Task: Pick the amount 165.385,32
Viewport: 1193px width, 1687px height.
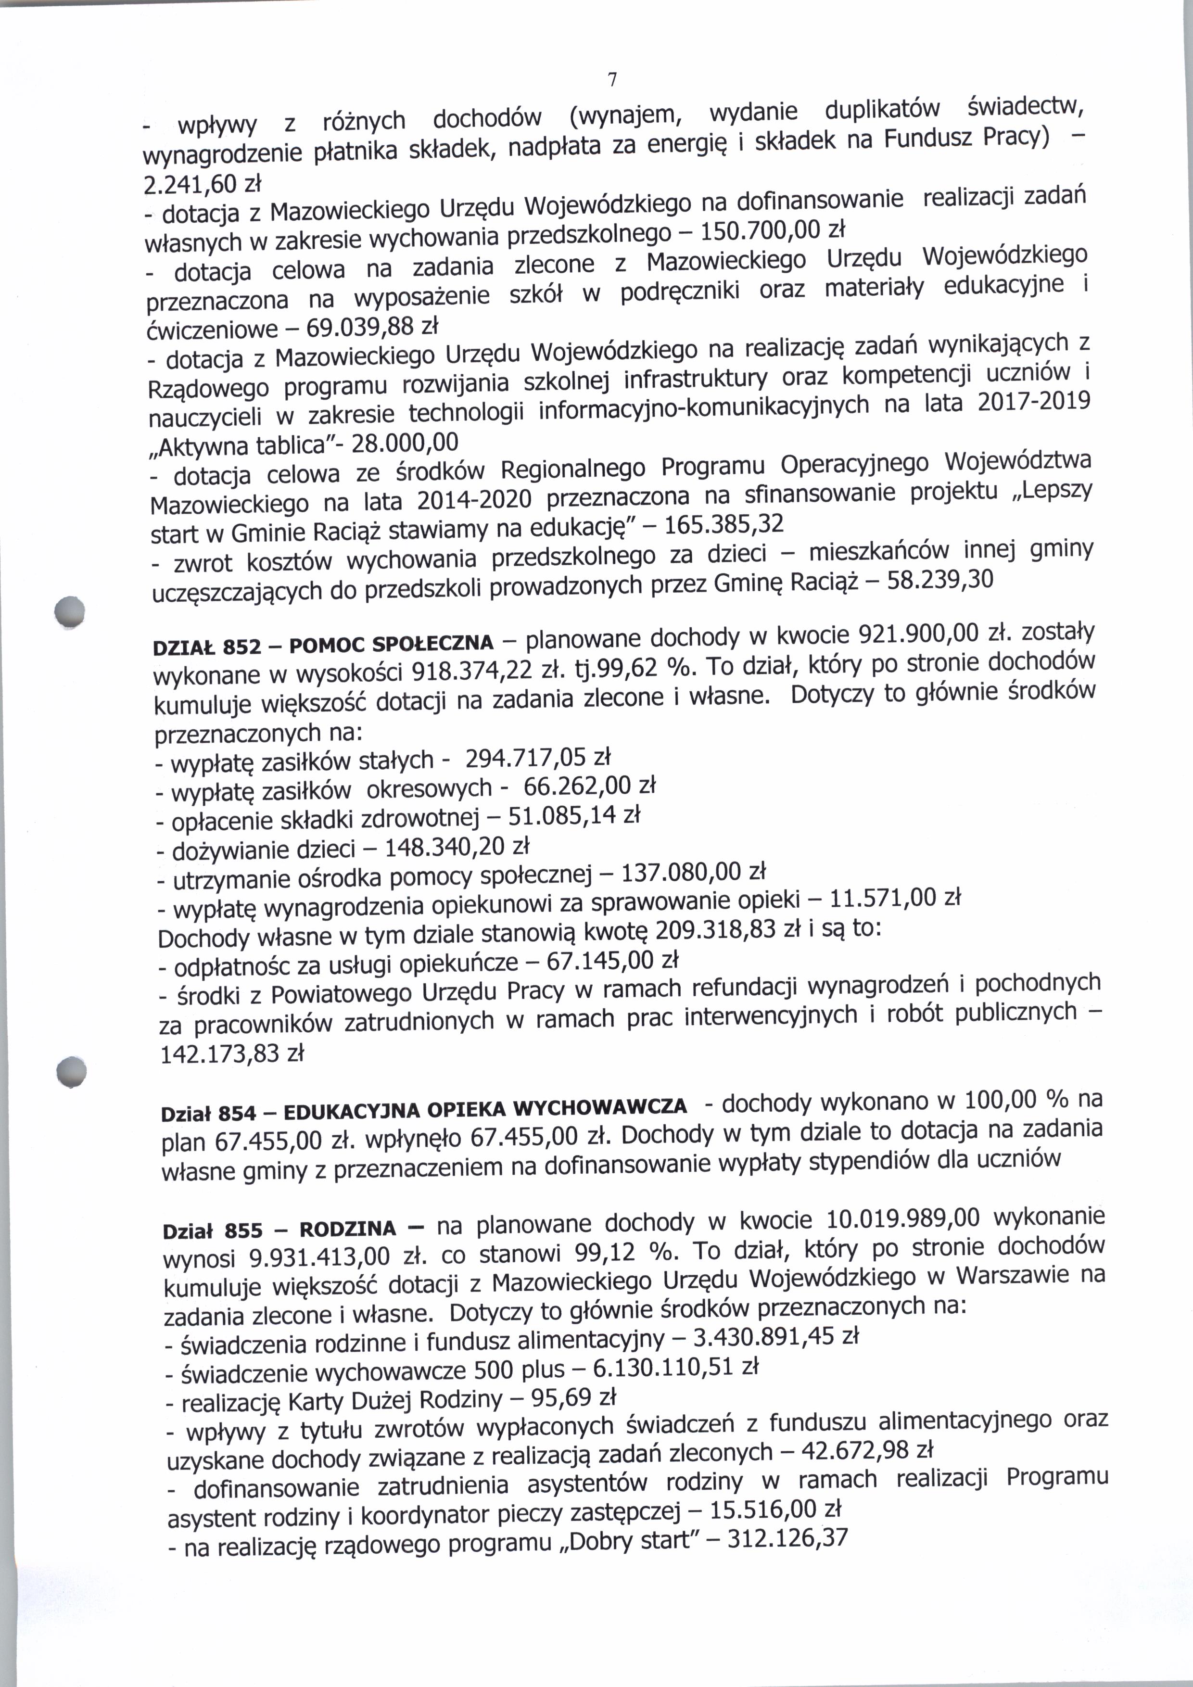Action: (723, 524)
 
